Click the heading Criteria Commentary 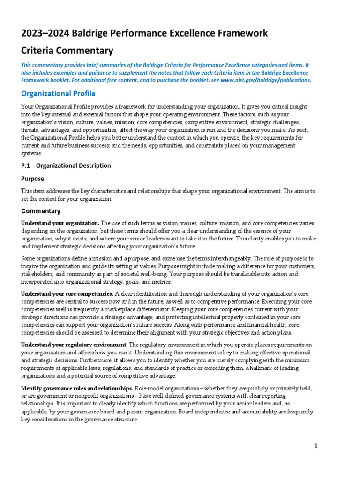click(67, 50)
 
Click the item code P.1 click(26, 165)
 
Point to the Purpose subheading click(33, 179)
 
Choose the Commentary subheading click(41, 211)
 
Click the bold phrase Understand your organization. click(60, 223)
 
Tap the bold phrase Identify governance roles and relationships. click(77, 389)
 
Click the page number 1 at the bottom click(316, 446)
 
